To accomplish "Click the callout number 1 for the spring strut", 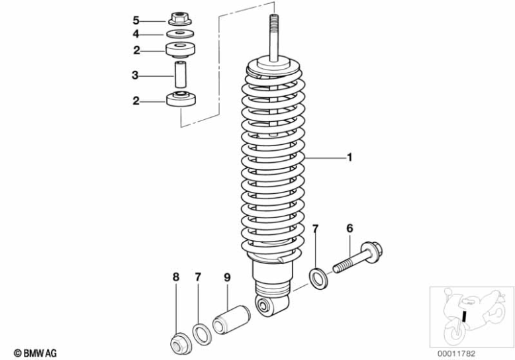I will (350, 157).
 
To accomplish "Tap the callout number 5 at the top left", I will (136, 19).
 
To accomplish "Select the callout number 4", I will (136, 33).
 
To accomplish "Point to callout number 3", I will (135, 76).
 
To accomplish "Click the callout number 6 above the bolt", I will (350, 228).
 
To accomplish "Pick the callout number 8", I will (176, 278).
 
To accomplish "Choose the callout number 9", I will (226, 278).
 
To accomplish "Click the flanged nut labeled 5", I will (180, 19).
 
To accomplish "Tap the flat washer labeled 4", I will (179, 33).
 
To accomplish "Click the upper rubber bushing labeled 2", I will (179, 50).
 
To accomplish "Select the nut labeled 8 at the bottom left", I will (179, 343).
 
